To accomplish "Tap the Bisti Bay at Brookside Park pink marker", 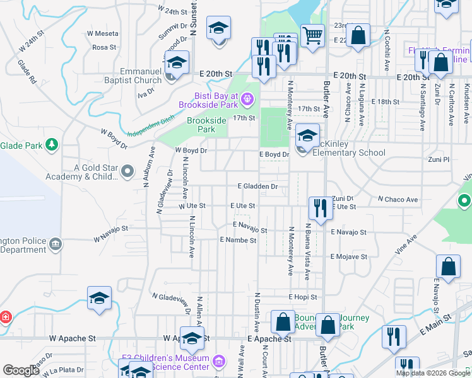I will [x=247, y=99].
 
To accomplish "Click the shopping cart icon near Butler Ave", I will [x=312, y=35].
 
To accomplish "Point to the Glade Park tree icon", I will [x=52, y=146].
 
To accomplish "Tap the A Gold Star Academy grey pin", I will [x=128, y=171].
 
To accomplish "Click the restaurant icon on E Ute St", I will [x=321, y=209].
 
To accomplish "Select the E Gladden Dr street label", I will [x=257, y=186].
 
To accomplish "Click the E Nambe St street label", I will [x=238, y=240].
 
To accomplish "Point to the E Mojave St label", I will [x=349, y=257].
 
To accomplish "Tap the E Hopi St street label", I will [x=303, y=296].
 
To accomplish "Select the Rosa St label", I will [x=104, y=47].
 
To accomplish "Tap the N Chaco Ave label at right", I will [x=398, y=200].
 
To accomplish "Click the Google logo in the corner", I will [x=21, y=370].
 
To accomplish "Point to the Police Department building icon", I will [x=56, y=244].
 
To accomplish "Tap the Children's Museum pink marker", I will [x=219, y=362].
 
